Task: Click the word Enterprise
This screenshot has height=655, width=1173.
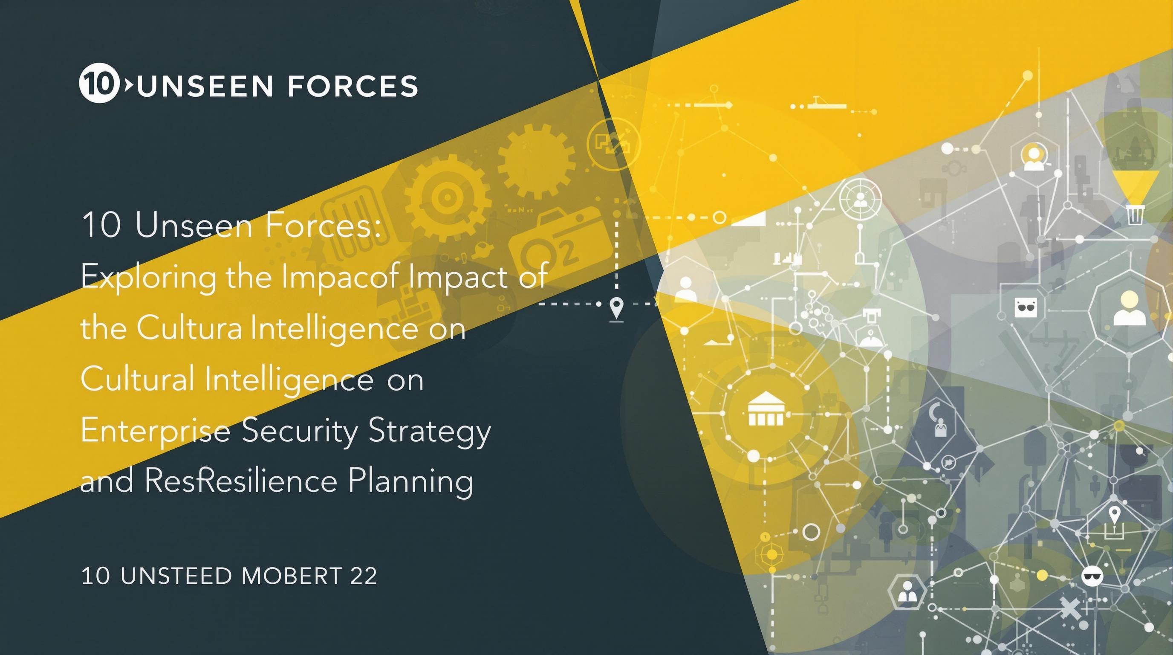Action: [155, 432]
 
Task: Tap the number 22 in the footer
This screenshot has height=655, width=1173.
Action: [364, 576]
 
